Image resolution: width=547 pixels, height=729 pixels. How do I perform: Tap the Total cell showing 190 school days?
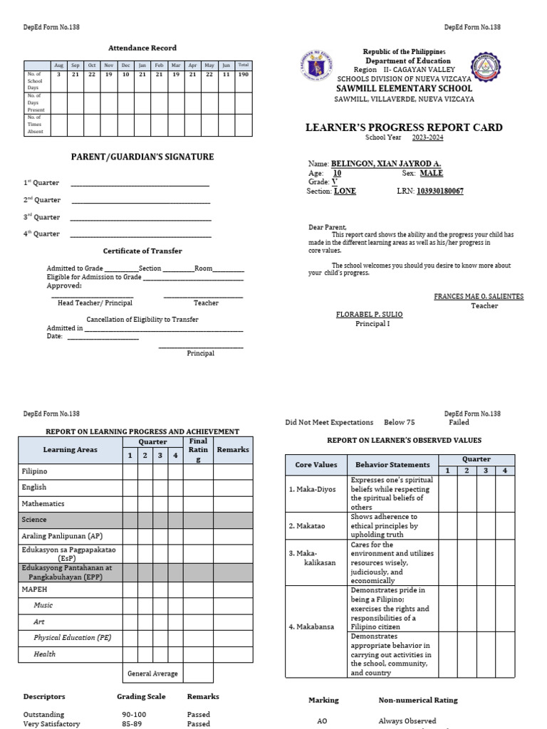[243, 74]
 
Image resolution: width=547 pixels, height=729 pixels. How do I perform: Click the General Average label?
[152, 673]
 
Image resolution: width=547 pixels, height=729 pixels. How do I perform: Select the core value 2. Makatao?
[307, 526]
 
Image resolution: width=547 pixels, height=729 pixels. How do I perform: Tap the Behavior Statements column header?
[393, 465]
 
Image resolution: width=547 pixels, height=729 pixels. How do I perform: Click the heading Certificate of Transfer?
[142, 251]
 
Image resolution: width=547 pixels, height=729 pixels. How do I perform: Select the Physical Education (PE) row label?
[72, 638]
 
